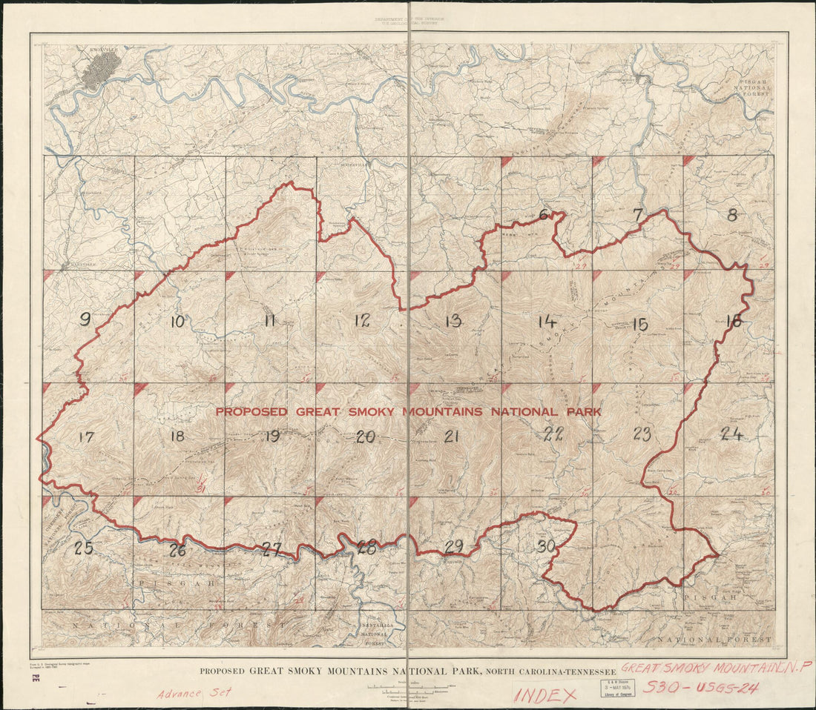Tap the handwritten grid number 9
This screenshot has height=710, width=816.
85,319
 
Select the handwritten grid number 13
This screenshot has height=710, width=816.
453,321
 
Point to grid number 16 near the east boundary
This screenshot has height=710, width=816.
733,321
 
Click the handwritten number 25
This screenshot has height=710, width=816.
83,548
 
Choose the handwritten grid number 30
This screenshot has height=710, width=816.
546,547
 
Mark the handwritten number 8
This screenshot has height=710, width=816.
732,216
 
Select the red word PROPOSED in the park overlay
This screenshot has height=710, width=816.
252,411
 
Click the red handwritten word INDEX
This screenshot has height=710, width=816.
545,695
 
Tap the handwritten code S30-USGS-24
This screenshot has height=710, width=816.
700,688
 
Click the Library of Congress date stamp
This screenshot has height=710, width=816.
618,689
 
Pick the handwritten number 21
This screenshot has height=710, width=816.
452,437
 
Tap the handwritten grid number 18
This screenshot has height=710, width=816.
177,436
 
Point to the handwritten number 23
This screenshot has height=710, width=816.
642,434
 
